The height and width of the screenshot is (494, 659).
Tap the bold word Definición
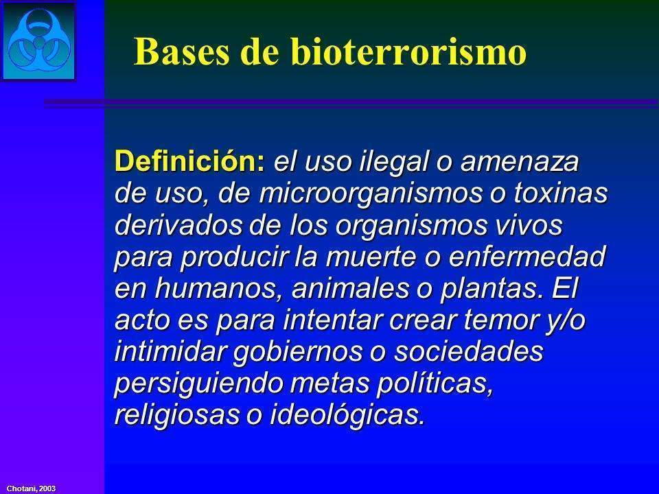[x=189, y=164]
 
